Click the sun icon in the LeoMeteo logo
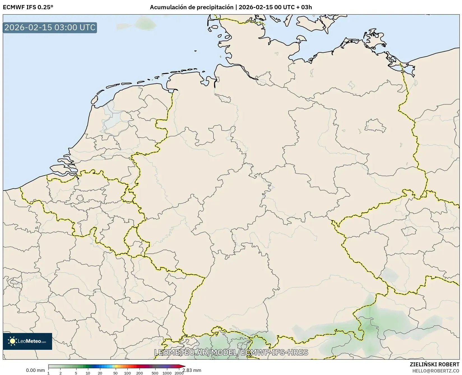point(12,341)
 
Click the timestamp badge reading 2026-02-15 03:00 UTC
point(50,28)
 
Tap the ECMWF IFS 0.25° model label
point(28,7)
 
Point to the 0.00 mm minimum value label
point(35,370)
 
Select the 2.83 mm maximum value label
point(192,370)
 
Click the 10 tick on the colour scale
point(88,373)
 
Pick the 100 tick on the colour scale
point(127,373)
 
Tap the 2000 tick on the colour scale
point(179,373)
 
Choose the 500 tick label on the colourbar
point(155,373)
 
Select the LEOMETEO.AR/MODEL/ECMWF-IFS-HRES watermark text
point(231,352)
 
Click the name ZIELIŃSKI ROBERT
point(435,365)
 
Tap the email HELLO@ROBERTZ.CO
point(436,371)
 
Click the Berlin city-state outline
point(375,126)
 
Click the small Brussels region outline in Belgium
point(80,198)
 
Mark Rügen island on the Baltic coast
point(375,39)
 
